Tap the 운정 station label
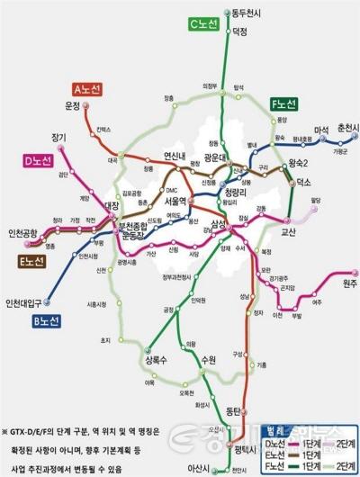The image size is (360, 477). click(x=73, y=105)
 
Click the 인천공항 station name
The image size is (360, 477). click(x=23, y=234)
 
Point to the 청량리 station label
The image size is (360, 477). click(x=236, y=192)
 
